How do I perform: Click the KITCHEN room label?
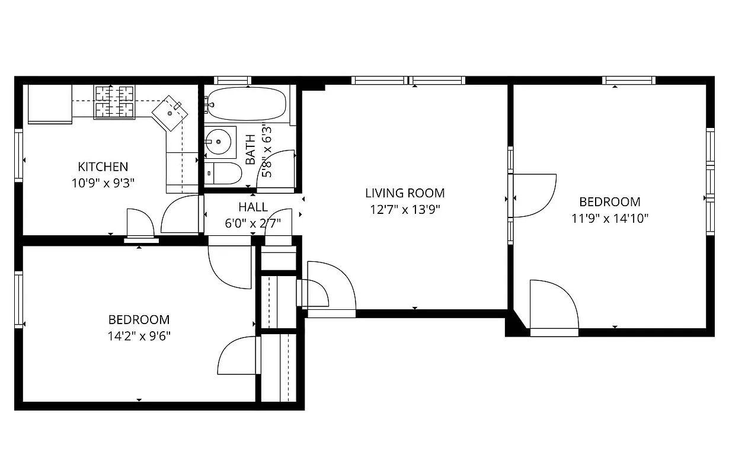103,166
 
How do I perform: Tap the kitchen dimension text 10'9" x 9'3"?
103,182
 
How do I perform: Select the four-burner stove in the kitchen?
114,101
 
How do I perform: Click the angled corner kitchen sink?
170,112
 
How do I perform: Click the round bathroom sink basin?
218,142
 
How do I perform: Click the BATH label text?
251,149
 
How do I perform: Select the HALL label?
253,207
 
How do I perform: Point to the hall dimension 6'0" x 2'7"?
253,223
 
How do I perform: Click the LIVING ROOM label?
405,193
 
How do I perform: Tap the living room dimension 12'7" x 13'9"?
405,209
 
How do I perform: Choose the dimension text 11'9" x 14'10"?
610,218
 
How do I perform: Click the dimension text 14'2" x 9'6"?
139,336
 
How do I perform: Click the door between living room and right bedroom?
533,196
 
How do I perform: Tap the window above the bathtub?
232,81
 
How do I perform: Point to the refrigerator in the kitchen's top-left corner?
50,104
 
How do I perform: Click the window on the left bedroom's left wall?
18,299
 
